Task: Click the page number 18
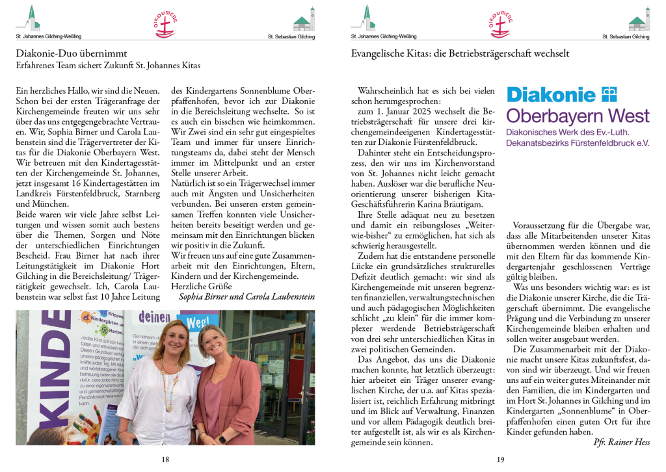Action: pyautogui.click(x=165, y=460)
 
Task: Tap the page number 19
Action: pyautogui.click(x=500, y=460)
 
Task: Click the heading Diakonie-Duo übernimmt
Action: pyautogui.click(x=72, y=53)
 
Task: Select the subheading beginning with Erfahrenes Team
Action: pyautogui.click(x=108, y=65)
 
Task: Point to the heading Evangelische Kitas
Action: pyautogui.click(x=460, y=53)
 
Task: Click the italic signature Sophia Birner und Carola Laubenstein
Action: pyautogui.click(x=246, y=296)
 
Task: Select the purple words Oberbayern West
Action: pyautogui.click(x=578, y=117)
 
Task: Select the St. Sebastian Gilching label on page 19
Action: pyautogui.click(x=626, y=37)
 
